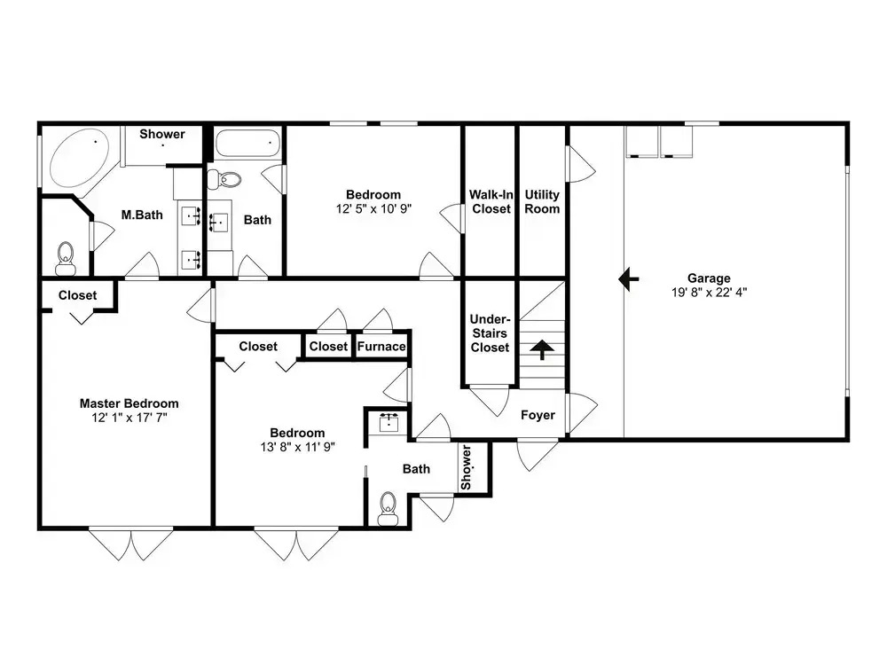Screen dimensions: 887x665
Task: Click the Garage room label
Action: coord(709,278)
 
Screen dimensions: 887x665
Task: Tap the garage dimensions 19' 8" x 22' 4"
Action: coord(709,293)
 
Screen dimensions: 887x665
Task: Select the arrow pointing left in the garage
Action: coord(629,278)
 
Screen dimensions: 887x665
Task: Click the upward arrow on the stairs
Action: coord(542,349)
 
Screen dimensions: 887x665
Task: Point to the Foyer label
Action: coord(538,415)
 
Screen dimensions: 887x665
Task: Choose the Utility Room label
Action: coord(542,201)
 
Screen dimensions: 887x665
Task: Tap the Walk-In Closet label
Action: coord(491,201)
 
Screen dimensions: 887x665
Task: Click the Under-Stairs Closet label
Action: coord(490,333)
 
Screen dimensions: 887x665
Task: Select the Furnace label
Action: coord(381,346)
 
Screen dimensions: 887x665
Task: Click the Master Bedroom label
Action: coord(129,403)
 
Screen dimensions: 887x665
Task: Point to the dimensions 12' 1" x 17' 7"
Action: coord(130,418)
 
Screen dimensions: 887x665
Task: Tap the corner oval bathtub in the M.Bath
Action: coord(79,157)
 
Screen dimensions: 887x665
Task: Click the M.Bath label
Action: coord(142,215)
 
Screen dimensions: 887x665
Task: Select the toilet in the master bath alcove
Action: coord(67,258)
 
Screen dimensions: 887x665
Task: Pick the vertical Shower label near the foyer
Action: coord(466,467)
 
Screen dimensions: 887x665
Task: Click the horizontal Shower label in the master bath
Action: coord(162,134)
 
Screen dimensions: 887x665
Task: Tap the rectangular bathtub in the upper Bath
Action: coord(247,144)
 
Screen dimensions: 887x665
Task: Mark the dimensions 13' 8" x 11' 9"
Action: coord(297,447)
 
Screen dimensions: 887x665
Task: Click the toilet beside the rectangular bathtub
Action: coord(224,180)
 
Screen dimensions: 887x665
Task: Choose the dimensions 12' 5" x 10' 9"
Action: coord(373,208)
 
